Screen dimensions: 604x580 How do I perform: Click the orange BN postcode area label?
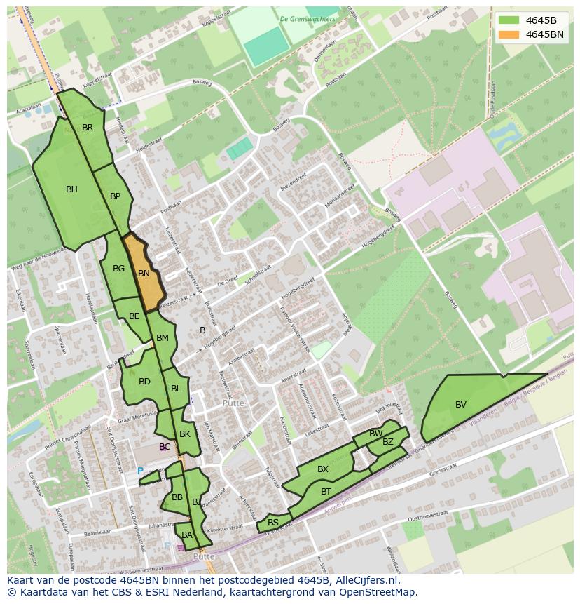point(144,274)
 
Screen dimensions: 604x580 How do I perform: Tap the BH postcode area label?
point(71,189)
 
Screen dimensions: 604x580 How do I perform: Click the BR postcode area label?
point(88,128)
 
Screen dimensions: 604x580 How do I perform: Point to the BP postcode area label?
point(116,196)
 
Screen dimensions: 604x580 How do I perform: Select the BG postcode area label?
point(118,269)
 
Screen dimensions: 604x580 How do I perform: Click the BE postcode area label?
point(134,316)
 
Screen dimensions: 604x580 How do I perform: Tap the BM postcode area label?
point(163,338)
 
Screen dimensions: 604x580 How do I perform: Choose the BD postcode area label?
point(144,382)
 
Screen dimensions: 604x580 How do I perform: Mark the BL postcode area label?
point(176,389)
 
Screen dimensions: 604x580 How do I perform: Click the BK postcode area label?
point(185,434)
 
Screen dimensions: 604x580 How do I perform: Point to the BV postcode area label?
point(461,405)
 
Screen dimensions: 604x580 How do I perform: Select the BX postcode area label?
point(323,469)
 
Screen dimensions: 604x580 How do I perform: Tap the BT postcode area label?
point(326,492)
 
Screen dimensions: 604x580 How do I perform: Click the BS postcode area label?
point(273,523)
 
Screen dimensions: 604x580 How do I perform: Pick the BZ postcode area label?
point(388,442)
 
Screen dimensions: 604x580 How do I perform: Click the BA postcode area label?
point(186,535)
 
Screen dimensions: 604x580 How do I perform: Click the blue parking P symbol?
point(140,471)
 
